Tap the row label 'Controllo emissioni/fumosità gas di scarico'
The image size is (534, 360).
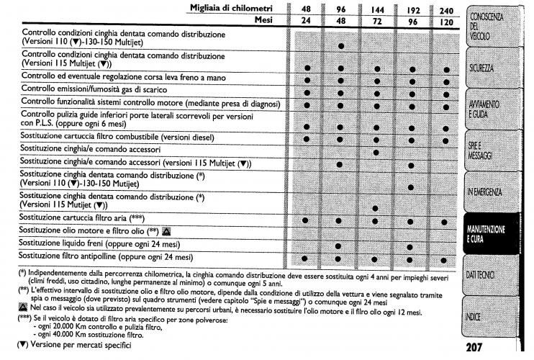click(106, 89)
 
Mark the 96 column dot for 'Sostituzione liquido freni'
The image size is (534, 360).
click(340, 245)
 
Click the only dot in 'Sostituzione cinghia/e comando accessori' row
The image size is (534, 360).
click(376, 152)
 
